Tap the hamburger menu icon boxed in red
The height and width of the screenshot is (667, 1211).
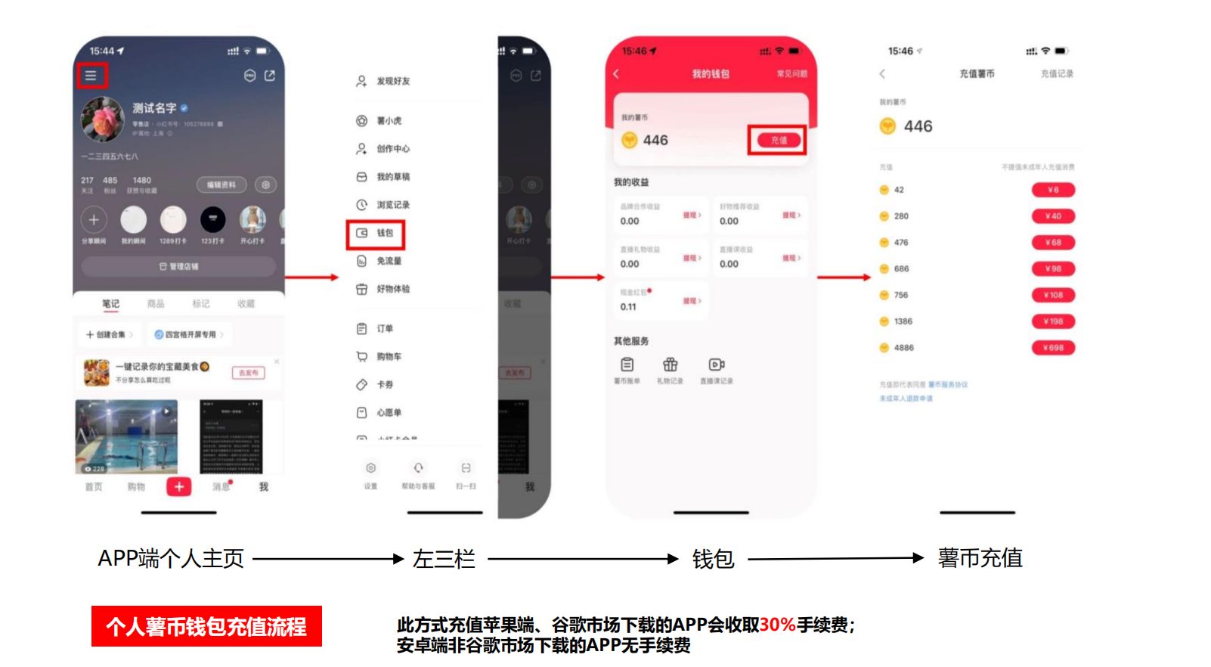(x=91, y=76)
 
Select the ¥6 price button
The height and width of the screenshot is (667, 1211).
(x=1053, y=191)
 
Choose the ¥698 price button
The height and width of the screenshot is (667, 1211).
(x=1053, y=348)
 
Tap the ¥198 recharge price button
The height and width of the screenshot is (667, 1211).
(x=1053, y=321)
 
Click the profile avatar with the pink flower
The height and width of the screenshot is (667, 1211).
(x=103, y=119)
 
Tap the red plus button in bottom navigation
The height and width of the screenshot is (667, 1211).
(x=179, y=487)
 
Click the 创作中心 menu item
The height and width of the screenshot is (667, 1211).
(x=392, y=149)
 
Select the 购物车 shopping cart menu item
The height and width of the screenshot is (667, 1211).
(x=389, y=357)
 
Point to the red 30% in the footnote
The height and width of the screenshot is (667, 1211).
(x=777, y=625)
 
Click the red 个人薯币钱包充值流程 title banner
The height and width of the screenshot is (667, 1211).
(x=206, y=626)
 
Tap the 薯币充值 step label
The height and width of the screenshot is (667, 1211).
(x=980, y=559)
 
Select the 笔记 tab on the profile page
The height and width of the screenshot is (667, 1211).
(x=110, y=304)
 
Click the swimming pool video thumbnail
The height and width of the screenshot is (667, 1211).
(x=126, y=436)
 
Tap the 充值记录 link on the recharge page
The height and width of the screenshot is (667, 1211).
(x=1057, y=74)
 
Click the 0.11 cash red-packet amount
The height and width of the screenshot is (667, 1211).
(x=628, y=307)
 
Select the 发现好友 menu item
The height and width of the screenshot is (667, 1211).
(x=392, y=81)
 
